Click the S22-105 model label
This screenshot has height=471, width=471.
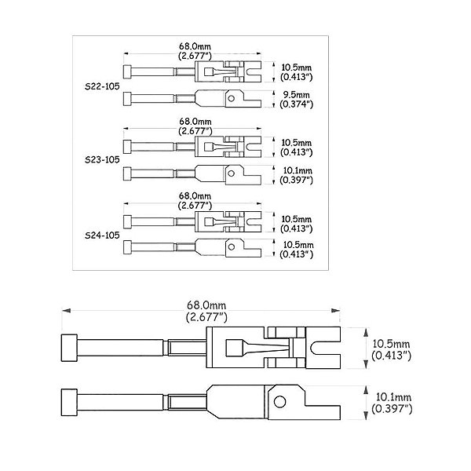click(102, 86)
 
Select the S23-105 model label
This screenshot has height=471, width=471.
click(102, 160)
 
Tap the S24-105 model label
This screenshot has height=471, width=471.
click(102, 235)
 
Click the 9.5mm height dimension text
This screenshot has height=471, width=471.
click(296, 95)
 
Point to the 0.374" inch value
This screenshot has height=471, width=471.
click(297, 104)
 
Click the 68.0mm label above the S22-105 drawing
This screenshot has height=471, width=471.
click(195, 46)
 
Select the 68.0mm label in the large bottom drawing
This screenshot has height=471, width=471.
click(206, 305)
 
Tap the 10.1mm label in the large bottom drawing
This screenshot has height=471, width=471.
click(393, 397)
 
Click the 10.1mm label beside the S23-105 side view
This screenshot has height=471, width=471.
click(298, 170)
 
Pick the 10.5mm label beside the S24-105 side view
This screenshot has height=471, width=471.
click(298, 245)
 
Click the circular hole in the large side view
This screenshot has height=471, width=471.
click(280, 402)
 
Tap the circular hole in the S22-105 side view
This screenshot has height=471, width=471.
click(231, 98)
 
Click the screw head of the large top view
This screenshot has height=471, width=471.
click(69, 348)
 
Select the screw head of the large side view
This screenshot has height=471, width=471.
click(69, 403)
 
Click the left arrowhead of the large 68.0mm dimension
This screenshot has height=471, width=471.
click(66, 310)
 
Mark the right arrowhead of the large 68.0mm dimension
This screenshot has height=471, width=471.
click(335, 310)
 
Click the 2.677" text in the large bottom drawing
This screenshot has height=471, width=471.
click(206, 317)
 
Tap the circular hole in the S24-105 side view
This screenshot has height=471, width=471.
click(232, 247)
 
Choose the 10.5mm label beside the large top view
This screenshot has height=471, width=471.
click(391, 344)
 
